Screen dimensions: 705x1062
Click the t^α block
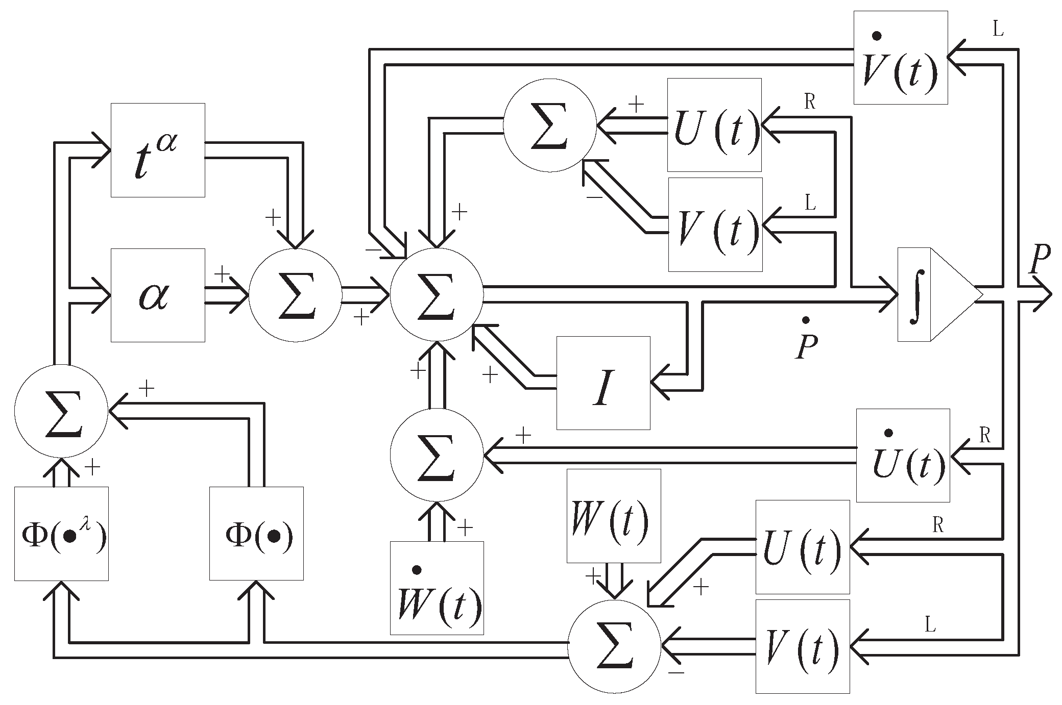(158, 150)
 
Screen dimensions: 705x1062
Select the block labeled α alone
(158, 295)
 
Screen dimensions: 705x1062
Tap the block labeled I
(603, 383)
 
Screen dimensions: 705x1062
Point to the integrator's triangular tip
(976, 295)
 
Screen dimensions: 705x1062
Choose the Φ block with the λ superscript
(61, 534)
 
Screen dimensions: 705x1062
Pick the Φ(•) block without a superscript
(256, 534)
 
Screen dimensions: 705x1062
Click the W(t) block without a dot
(614, 516)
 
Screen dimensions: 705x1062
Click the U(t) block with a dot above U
(903, 455)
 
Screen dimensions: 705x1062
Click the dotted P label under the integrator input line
(805, 341)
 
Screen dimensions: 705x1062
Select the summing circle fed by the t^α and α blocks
(295, 295)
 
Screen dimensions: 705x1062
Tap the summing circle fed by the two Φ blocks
(61, 411)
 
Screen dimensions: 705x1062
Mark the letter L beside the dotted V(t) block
(997, 30)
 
